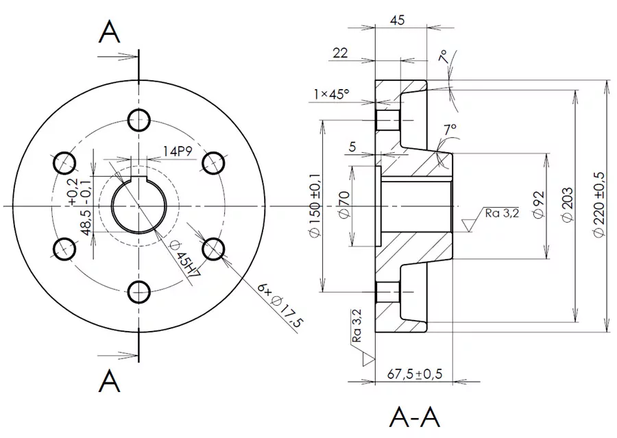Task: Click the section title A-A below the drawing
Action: click(414, 416)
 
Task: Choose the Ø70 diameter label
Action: click(345, 205)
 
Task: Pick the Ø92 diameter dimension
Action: click(538, 204)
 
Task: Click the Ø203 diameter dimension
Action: click(567, 204)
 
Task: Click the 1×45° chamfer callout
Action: click(331, 94)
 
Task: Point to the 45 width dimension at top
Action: click(397, 20)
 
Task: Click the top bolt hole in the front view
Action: click(139, 119)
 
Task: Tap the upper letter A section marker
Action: click(110, 32)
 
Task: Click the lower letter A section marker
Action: click(110, 380)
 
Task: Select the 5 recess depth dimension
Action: click(352, 146)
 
